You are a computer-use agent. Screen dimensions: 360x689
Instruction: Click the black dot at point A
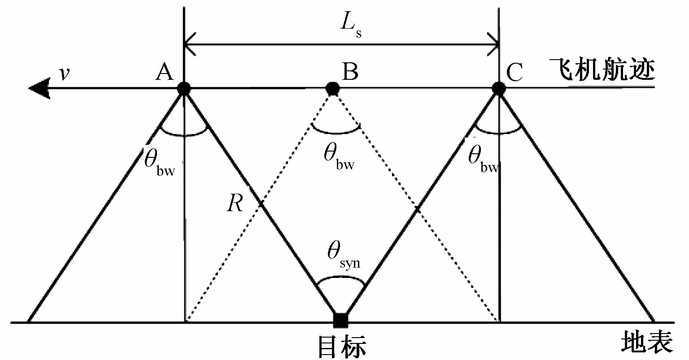click(x=183, y=88)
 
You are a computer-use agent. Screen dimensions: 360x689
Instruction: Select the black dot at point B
click(x=332, y=88)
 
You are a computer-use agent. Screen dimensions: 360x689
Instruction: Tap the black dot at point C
click(x=498, y=88)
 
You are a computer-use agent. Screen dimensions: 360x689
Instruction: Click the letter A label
click(x=165, y=72)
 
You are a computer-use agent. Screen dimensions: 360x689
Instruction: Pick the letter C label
click(x=515, y=72)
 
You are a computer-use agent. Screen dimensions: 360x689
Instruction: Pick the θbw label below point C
click(x=483, y=158)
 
